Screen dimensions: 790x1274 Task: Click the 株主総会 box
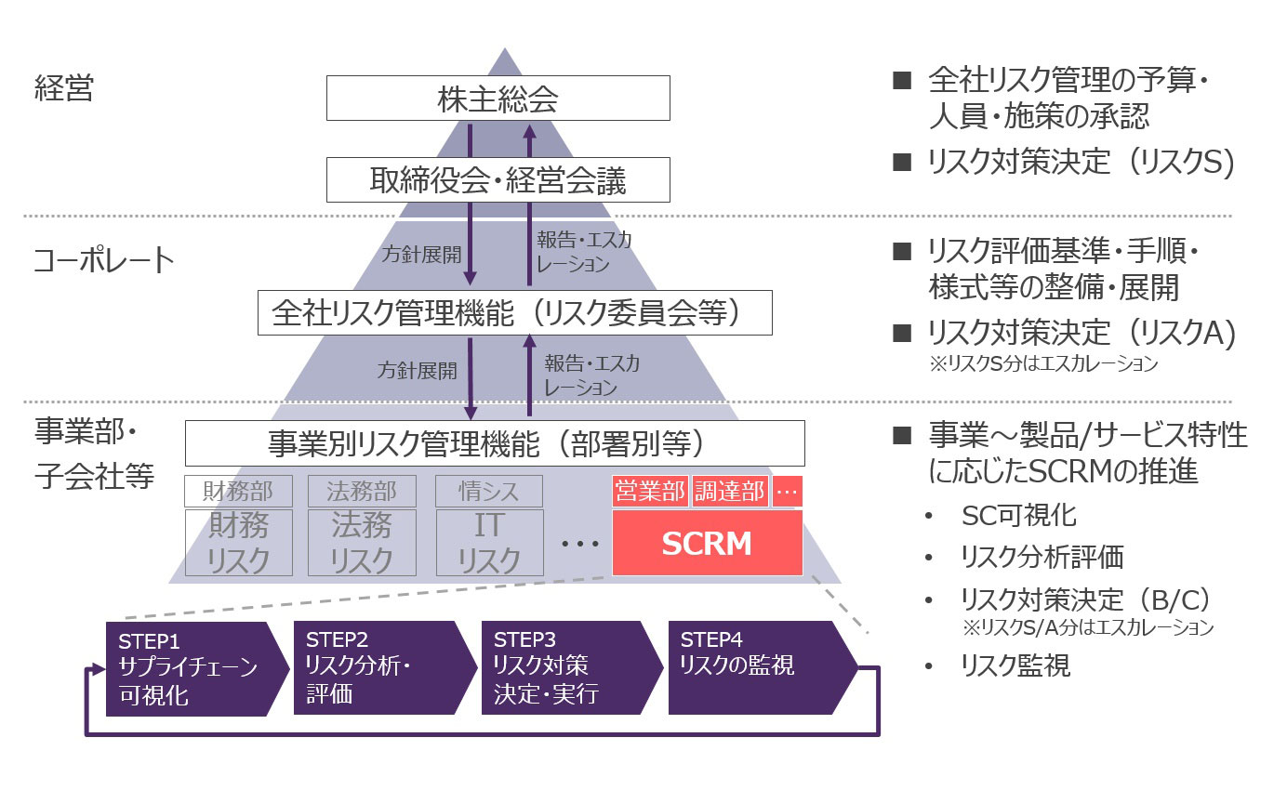(498, 98)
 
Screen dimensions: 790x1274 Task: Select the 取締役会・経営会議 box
(498, 179)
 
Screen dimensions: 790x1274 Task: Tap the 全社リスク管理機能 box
(514, 312)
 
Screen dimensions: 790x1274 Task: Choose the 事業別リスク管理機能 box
(495, 443)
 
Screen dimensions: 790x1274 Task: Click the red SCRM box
(707, 543)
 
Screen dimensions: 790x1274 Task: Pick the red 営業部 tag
(650, 492)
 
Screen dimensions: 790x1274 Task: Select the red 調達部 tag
(730, 492)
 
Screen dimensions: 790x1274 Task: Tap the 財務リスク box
(239, 543)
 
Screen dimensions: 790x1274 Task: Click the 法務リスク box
(362, 543)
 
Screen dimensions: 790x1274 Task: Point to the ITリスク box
(489, 543)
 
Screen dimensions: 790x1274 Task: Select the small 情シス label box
(489, 491)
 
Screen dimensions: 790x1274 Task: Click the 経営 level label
(64, 90)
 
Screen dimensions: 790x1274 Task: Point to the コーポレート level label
(103, 260)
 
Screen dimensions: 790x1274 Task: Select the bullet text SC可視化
(1019, 515)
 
